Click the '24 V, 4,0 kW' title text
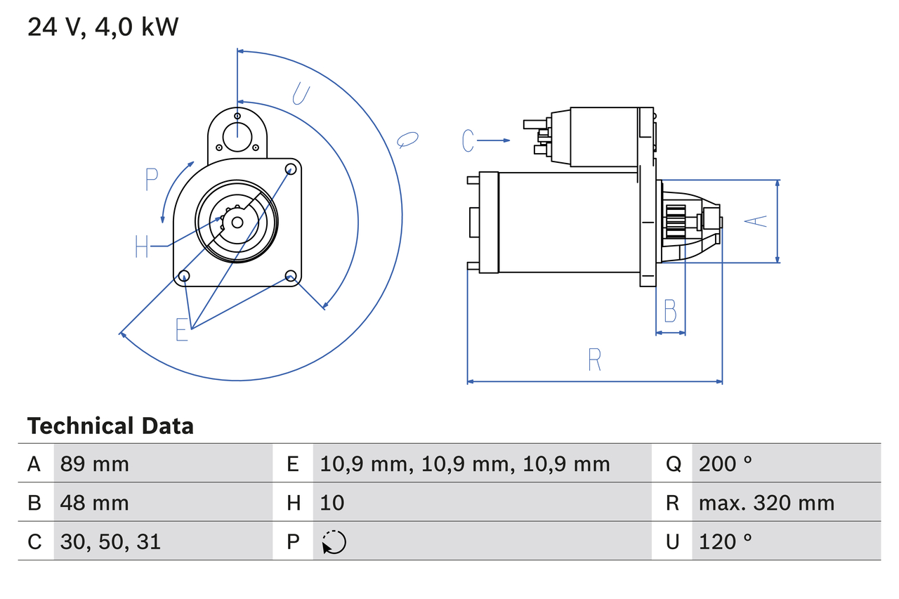coord(103,27)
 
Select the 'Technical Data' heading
coord(110,426)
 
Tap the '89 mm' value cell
coord(95,463)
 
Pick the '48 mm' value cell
coord(95,503)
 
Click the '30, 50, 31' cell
coord(110,541)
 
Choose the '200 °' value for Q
coord(726,463)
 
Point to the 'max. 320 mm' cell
coord(766,503)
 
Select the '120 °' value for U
coord(726,541)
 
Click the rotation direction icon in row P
coord(334,542)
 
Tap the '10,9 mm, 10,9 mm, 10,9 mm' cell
coord(465,463)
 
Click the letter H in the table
coord(293,503)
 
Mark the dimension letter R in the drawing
coord(594,360)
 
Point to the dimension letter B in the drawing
coord(670,310)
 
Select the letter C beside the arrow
coord(468,141)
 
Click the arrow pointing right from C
coord(495,141)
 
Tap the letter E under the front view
coord(182,329)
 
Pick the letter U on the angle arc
coord(301,94)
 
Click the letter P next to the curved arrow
coord(152,180)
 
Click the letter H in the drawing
coord(141,246)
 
